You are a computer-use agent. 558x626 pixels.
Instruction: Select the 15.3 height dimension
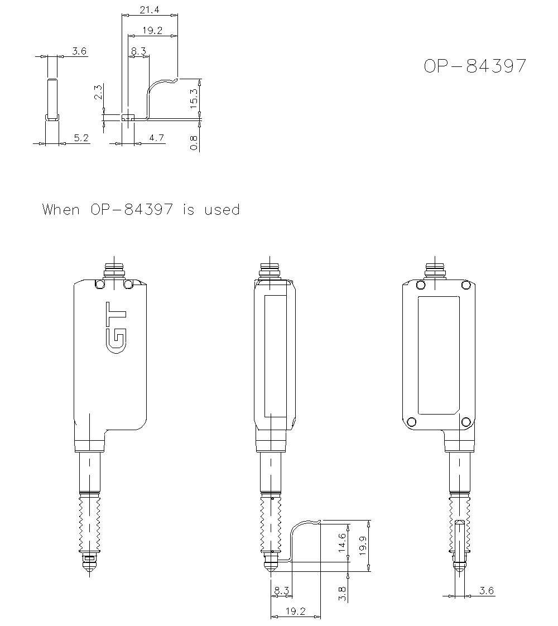click(x=193, y=99)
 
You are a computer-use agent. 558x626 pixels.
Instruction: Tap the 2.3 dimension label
click(x=98, y=92)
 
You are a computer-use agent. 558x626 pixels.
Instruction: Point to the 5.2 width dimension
click(x=81, y=138)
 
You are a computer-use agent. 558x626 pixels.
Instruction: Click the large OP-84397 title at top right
click(x=474, y=66)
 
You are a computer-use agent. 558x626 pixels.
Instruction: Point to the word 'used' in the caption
click(x=222, y=210)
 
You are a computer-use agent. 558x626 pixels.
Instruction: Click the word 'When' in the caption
click(x=61, y=210)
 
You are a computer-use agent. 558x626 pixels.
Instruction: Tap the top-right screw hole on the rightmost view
click(x=465, y=285)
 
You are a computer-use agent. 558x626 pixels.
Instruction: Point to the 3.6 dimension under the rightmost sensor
click(x=487, y=591)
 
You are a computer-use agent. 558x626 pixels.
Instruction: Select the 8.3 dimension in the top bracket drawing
click(x=138, y=51)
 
